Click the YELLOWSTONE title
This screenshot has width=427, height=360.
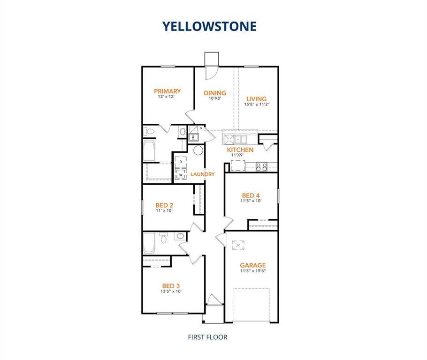point(210,26)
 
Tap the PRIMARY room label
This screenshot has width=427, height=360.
point(168,91)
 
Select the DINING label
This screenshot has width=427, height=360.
point(215,93)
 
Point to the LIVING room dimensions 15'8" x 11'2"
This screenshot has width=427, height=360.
point(256,105)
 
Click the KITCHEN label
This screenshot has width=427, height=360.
point(240,150)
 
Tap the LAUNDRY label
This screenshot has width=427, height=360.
point(203,174)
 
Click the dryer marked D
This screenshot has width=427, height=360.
point(180,162)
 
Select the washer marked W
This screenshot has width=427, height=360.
point(180,175)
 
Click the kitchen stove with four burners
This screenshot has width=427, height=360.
point(261,166)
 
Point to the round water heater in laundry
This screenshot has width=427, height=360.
point(198,150)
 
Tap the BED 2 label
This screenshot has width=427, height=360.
point(165,205)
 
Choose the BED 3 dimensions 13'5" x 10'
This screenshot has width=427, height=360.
point(171,291)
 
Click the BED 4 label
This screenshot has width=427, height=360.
point(251,195)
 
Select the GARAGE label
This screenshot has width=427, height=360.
point(253,265)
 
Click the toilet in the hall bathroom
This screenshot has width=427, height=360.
point(164,239)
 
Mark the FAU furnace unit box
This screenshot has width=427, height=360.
point(193,137)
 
